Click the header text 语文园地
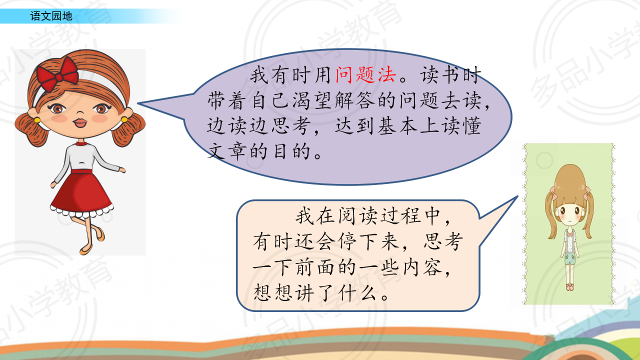coord(51,16)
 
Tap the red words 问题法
coord(366,75)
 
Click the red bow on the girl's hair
coord(58,73)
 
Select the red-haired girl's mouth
coord(79,123)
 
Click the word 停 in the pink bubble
coord(347,241)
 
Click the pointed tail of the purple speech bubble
coord(138,103)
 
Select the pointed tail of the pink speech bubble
coord(517,196)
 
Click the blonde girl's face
coord(569,213)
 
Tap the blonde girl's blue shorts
coord(569,258)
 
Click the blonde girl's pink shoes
coord(569,287)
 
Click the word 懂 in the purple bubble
coord(472,125)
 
